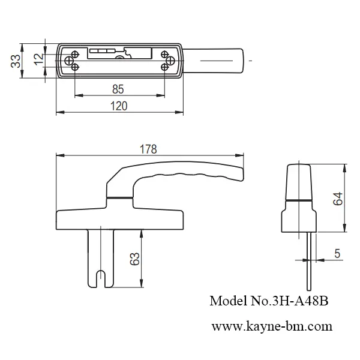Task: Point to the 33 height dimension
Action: pyautogui.click(x=16, y=61)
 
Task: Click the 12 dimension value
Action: pyautogui.click(x=38, y=59)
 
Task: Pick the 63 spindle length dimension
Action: pyautogui.click(x=135, y=259)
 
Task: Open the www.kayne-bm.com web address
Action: pyautogui.click(x=272, y=327)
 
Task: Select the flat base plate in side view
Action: pyautogui.click(x=120, y=218)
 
